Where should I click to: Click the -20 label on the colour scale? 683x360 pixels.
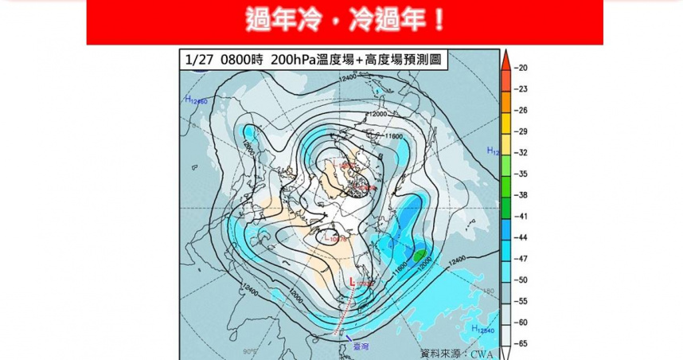coord(522,68)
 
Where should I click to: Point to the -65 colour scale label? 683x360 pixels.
coord(522,344)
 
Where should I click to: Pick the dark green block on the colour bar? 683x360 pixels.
coord(505,205)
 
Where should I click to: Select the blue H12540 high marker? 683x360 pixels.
coord(482,329)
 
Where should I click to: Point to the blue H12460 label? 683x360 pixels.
coord(196,100)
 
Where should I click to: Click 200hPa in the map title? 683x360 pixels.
coord(294,59)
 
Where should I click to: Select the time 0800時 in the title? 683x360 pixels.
coord(240,59)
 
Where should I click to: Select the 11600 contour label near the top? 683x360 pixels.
coord(394,136)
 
